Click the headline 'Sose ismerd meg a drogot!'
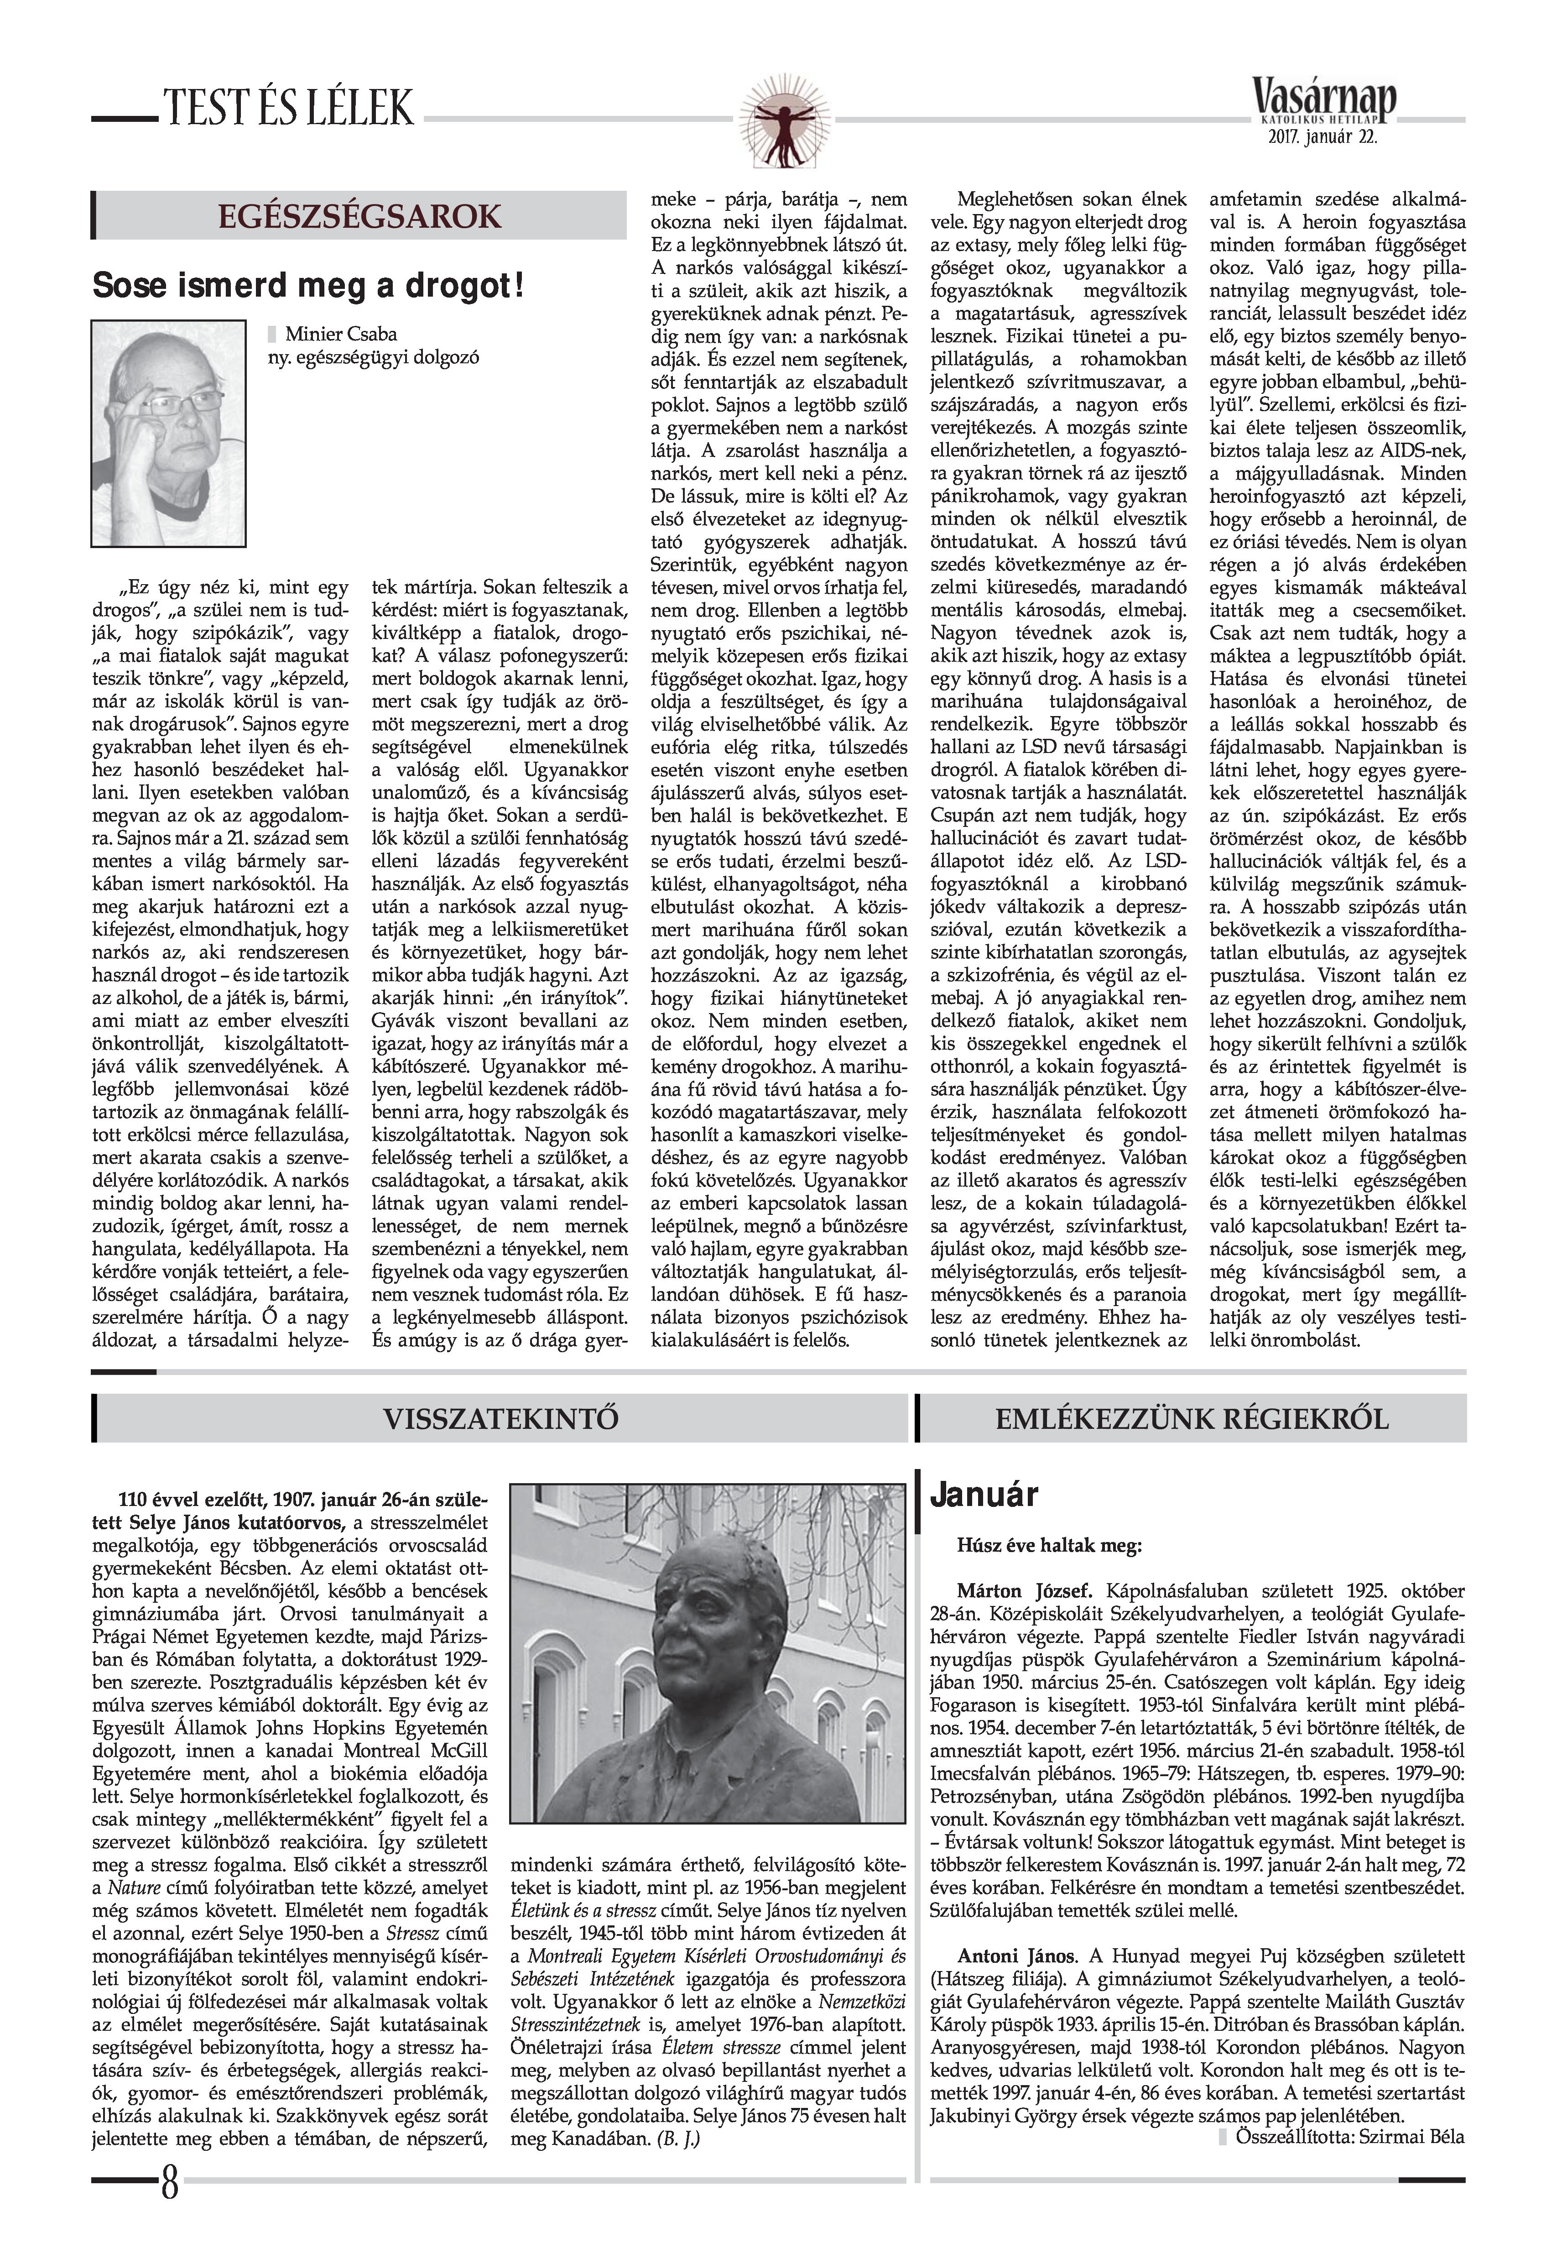pyautogui.click(x=308, y=287)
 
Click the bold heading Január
pyautogui.click(x=984, y=1495)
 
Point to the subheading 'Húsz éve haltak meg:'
pyautogui.click(x=1050, y=1546)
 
